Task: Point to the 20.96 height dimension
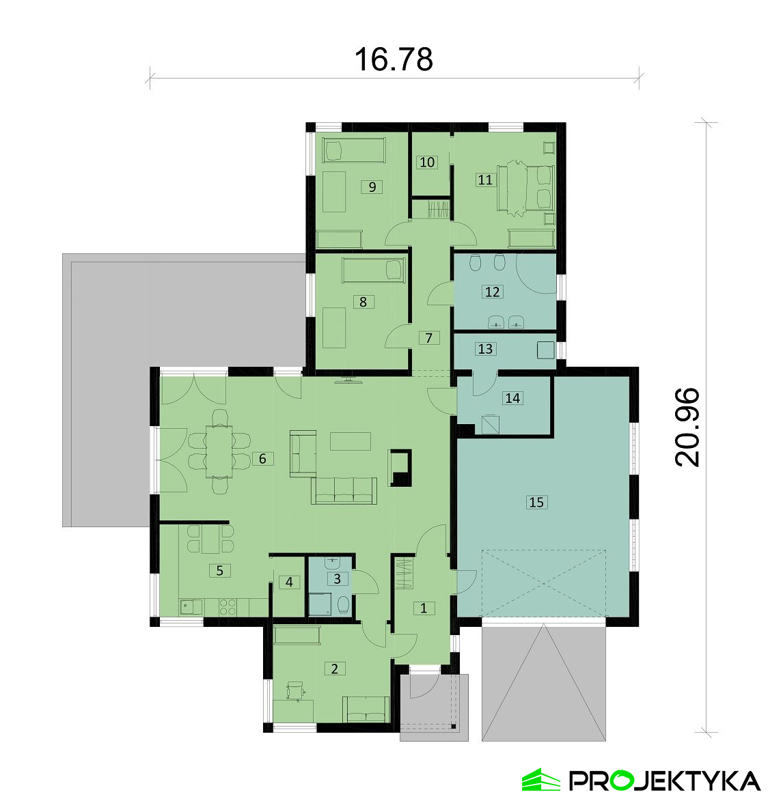click(x=687, y=427)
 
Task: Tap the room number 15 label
click(x=536, y=502)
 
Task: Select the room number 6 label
click(x=262, y=458)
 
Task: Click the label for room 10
click(x=427, y=162)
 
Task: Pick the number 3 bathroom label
click(x=337, y=579)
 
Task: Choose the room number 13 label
click(x=485, y=348)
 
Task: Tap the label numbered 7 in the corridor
click(x=428, y=337)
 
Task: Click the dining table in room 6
click(x=219, y=451)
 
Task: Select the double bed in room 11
click(x=526, y=188)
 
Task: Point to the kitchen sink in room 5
click(x=190, y=607)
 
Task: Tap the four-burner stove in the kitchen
click(x=228, y=607)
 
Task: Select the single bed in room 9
click(x=354, y=151)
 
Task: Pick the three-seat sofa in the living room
click(x=344, y=490)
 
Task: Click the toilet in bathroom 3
click(x=344, y=604)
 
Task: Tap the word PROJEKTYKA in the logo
click(x=664, y=781)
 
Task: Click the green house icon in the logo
click(x=541, y=780)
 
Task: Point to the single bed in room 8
click(x=373, y=270)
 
